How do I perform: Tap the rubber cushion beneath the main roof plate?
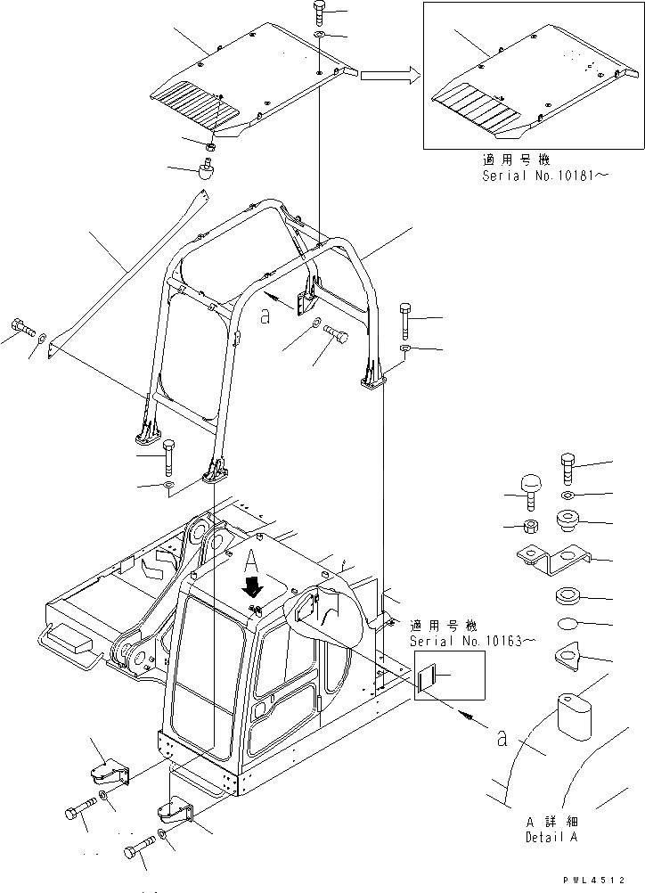click(x=206, y=169)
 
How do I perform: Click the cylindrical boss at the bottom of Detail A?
click(x=575, y=716)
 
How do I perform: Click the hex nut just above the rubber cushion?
click(x=210, y=146)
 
